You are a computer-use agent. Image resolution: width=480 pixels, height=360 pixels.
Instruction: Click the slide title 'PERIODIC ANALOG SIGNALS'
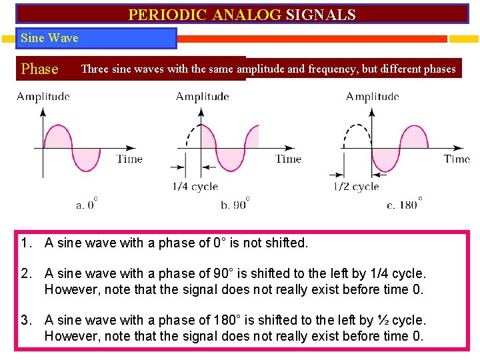[241, 15]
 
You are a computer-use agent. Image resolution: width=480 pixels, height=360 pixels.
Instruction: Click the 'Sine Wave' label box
[50, 38]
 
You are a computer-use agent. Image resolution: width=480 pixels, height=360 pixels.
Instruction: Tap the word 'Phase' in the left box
[40, 69]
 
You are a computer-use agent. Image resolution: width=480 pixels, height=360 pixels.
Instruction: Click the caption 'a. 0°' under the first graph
[87, 203]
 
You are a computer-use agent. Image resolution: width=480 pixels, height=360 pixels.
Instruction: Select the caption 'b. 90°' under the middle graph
[235, 203]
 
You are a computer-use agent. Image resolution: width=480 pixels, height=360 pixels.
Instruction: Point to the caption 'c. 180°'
[404, 203]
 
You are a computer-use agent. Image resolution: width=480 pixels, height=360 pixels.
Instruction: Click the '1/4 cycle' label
[195, 187]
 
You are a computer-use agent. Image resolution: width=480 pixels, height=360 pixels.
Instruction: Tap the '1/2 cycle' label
[356, 187]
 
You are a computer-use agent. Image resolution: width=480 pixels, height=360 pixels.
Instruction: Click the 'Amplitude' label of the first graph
[43, 97]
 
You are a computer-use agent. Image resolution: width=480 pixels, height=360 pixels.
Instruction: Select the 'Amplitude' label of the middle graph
[203, 97]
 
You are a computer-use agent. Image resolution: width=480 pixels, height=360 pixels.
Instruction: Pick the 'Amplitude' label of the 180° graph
[373, 97]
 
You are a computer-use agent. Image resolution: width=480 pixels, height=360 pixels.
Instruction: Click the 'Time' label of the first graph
[129, 159]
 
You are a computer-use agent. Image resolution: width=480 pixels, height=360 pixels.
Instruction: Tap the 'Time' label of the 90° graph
[289, 159]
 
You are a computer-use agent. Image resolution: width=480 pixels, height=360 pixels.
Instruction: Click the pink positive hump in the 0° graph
[57, 136]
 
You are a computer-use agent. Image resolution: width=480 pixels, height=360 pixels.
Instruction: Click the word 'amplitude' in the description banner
[261, 69]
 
